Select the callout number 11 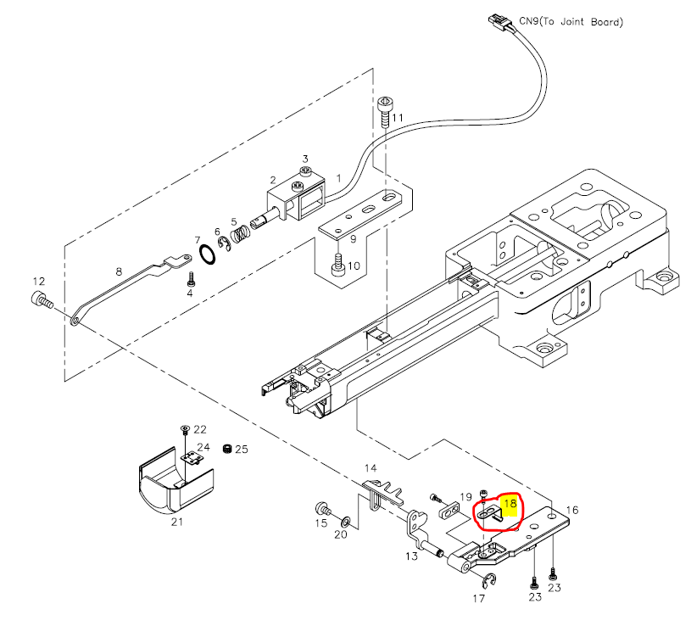pyautogui.click(x=398, y=116)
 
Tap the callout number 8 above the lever pyautogui.click(x=119, y=271)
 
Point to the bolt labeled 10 pyautogui.click(x=338, y=265)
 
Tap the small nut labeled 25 pyautogui.click(x=226, y=448)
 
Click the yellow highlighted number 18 pyautogui.click(x=510, y=503)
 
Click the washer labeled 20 pyautogui.click(x=348, y=519)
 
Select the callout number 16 pyautogui.click(x=572, y=510)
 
